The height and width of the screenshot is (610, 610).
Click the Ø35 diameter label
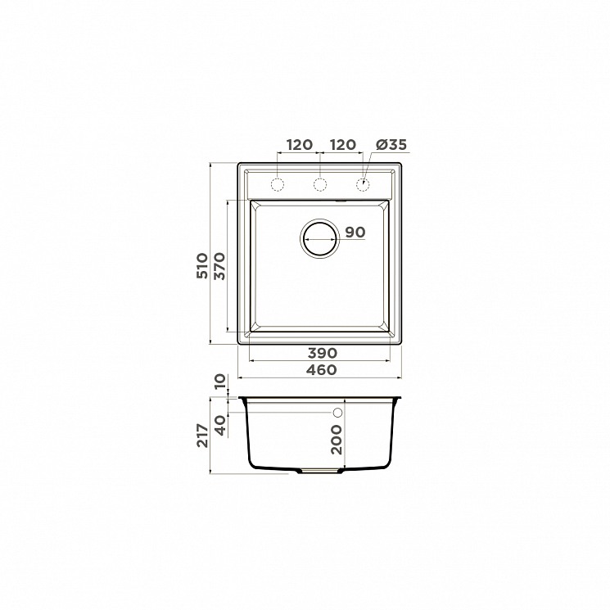click(x=391, y=145)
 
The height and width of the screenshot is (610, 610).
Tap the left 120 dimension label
click(x=300, y=145)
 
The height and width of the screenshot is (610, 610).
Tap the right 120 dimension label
click(x=343, y=145)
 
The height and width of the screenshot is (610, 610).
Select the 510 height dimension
click(x=202, y=266)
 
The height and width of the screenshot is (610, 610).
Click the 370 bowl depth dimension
click(x=219, y=266)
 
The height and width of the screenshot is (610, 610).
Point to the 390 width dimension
click(x=323, y=353)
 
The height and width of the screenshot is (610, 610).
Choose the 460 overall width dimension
click(x=321, y=369)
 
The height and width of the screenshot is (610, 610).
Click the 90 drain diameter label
click(x=355, y=233)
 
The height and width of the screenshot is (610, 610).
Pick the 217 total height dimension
click(x=202, y=436)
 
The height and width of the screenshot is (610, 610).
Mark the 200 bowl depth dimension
click(x=337, y=440)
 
